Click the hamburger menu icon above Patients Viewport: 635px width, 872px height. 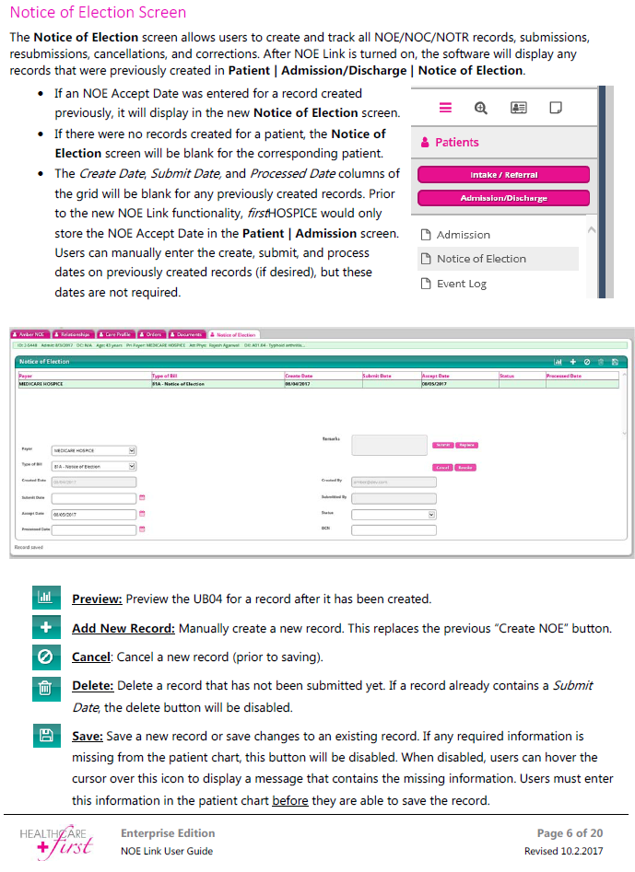[446, 108]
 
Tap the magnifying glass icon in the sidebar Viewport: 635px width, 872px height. [480, 108]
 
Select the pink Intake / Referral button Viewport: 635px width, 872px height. [503, 175]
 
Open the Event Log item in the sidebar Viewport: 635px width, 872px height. [461, 284]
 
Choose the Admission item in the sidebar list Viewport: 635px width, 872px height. [463, 235]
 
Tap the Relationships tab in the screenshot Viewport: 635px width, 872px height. [73, 334]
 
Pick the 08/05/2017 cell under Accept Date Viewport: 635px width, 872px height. [434, 383]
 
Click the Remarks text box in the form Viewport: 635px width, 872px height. [389, 445]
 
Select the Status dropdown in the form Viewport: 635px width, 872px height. [394, 514]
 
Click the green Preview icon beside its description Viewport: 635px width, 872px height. [44, 598]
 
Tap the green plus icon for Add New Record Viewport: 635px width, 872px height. [44, 628]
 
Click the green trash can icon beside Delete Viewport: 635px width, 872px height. [44, 687]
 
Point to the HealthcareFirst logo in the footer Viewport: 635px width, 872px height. [57, 841]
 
